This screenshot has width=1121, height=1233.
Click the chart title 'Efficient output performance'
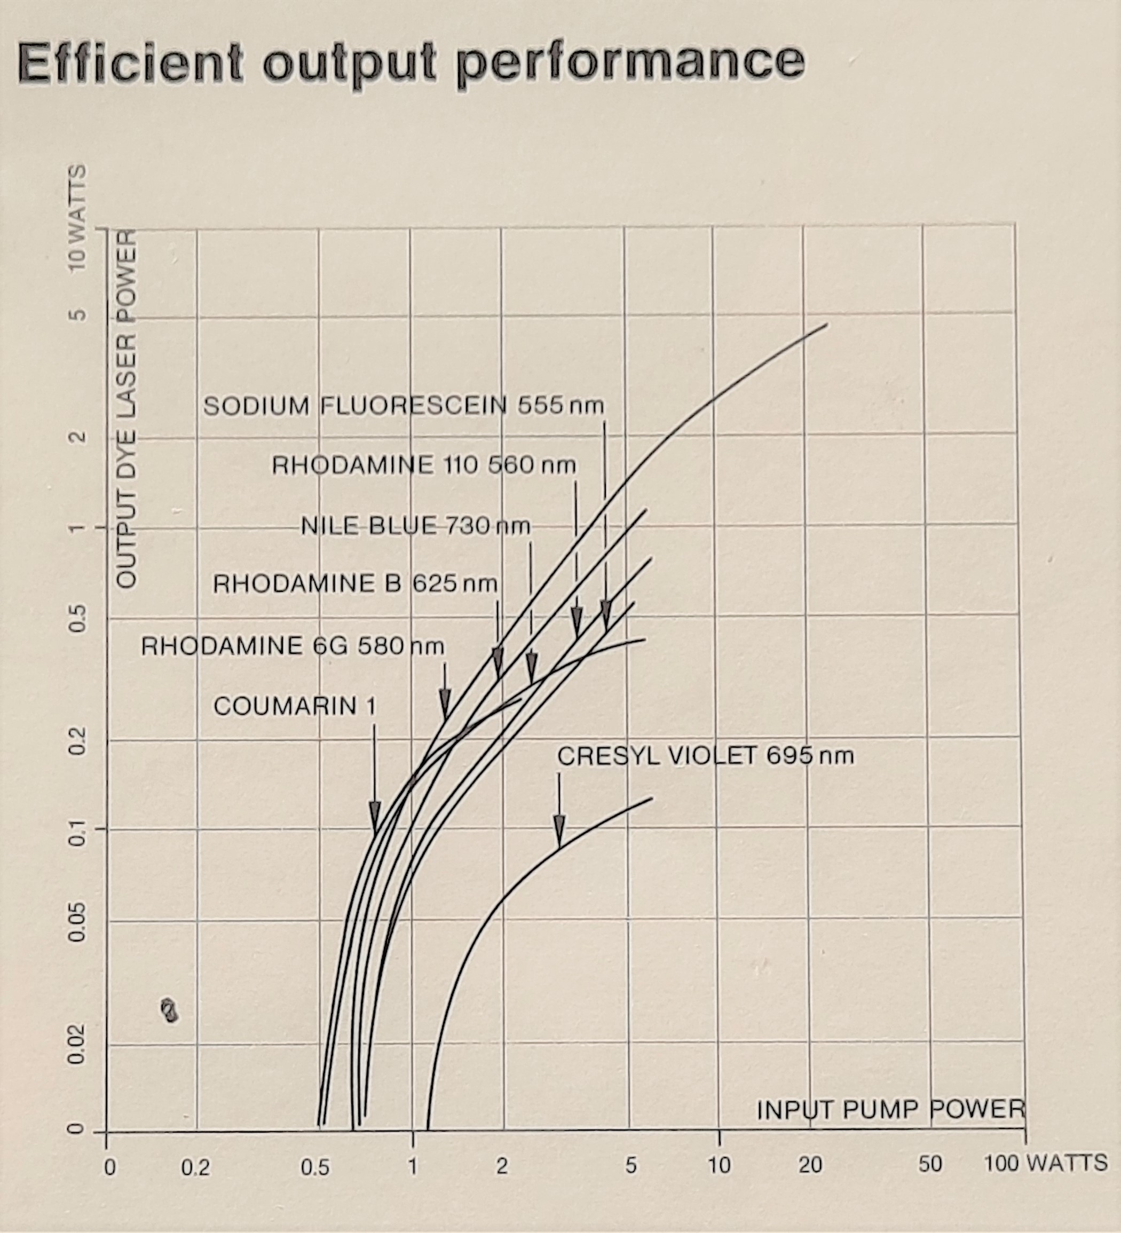pos(411,63)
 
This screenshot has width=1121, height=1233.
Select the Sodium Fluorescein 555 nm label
pos(403,406)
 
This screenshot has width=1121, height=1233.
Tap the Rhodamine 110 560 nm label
pos(424,466)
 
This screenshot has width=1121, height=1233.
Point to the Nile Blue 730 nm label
pos(415,525)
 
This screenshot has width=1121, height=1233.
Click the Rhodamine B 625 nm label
pos(354,584)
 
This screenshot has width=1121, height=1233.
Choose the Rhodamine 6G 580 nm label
pos(293,646)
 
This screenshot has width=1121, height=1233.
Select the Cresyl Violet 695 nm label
pos(705,756)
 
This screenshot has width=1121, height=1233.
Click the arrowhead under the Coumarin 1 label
pos(375,816)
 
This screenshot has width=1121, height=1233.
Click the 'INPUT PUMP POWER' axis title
pos(890,1110)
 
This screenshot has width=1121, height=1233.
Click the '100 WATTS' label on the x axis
pos(1046,1162)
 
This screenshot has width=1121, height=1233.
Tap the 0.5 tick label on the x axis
pos(315,1167)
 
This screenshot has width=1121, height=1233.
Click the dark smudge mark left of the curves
pos(169,1010)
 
